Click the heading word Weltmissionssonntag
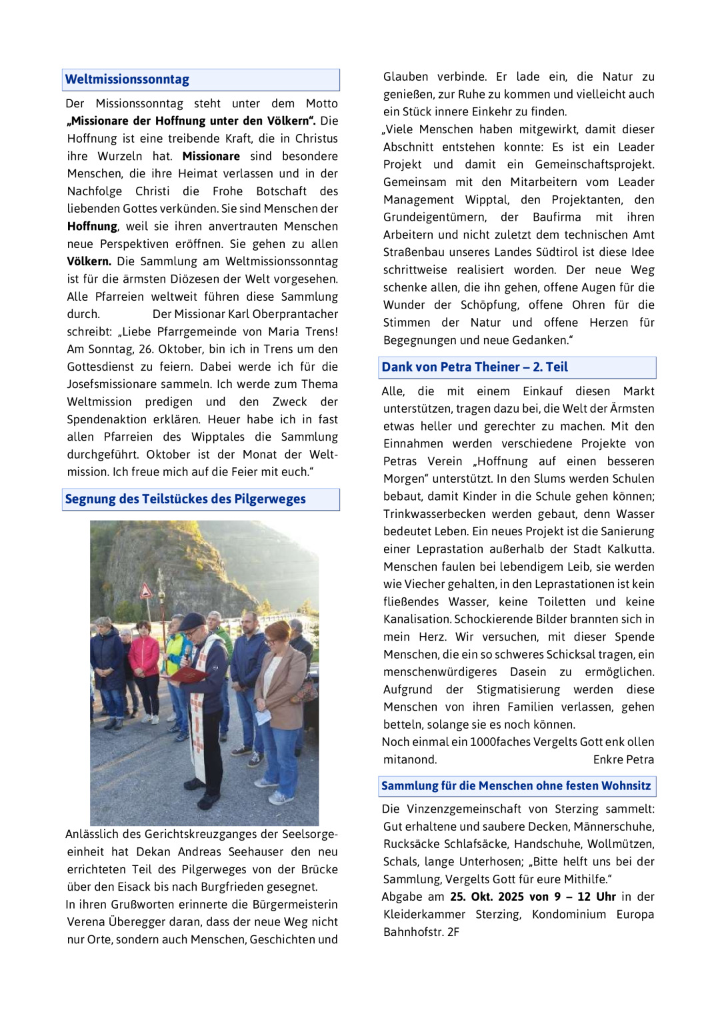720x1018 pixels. (x=127, y=80)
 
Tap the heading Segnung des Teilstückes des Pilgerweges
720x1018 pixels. (x=185, y=499)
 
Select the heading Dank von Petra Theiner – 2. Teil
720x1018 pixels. (x=475, y=367)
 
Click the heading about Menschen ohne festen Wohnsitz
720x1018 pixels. (x=516, y=786)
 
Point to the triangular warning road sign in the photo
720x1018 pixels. (x=145, y=591)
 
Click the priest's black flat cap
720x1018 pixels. (x=192, y=621)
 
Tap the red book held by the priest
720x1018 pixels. (x=188, y=675)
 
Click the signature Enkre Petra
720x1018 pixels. (x=623, y=760)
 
